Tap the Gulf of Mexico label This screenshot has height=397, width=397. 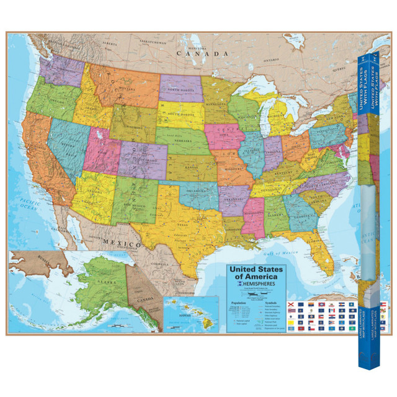285,253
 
